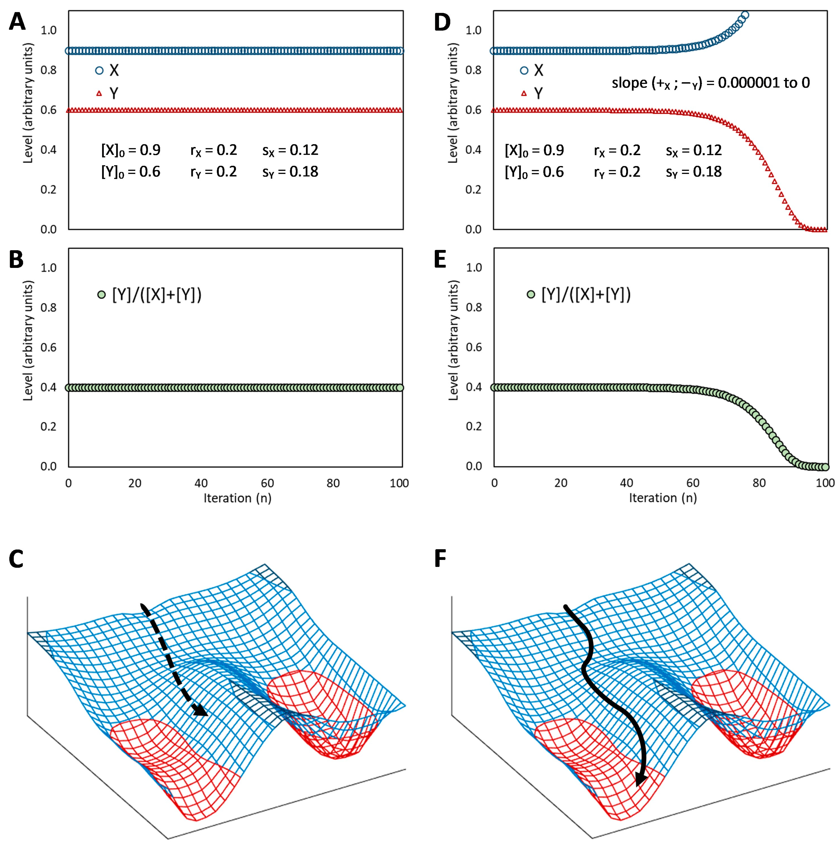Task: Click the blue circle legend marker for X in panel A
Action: click(100, 70)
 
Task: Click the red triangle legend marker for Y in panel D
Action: click(524, 93)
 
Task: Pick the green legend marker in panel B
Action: click(101, 295)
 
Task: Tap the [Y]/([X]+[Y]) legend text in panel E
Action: click(586, 295)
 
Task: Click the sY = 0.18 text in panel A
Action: click(290, 172)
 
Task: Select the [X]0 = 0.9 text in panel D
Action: click(534, 150)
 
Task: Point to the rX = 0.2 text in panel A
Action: click(213, 150)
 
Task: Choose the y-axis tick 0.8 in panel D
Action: click(473, 70)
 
